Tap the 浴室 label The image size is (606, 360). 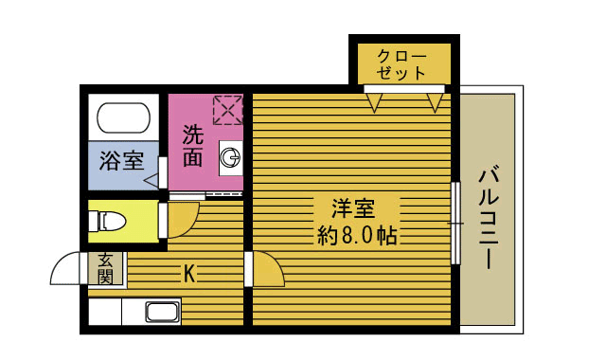[121, 158]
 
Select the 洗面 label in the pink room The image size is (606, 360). [193, 147]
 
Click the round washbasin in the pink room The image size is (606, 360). [230, 157]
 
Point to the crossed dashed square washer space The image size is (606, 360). [227, 109]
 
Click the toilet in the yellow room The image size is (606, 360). [107, 222]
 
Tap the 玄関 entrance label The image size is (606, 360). [105, 268]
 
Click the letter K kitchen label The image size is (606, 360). [189, 275]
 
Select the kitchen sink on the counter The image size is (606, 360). [163, 313]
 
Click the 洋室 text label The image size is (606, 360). [352, 207]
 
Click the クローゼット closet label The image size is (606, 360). [401, 63]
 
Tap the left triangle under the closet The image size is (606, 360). [375, 99]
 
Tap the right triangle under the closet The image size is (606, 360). [436, 99]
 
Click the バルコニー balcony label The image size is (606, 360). [489, 218]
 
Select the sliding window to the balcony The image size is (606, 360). [455, 224]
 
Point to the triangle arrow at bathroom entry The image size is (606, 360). [151, 178]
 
